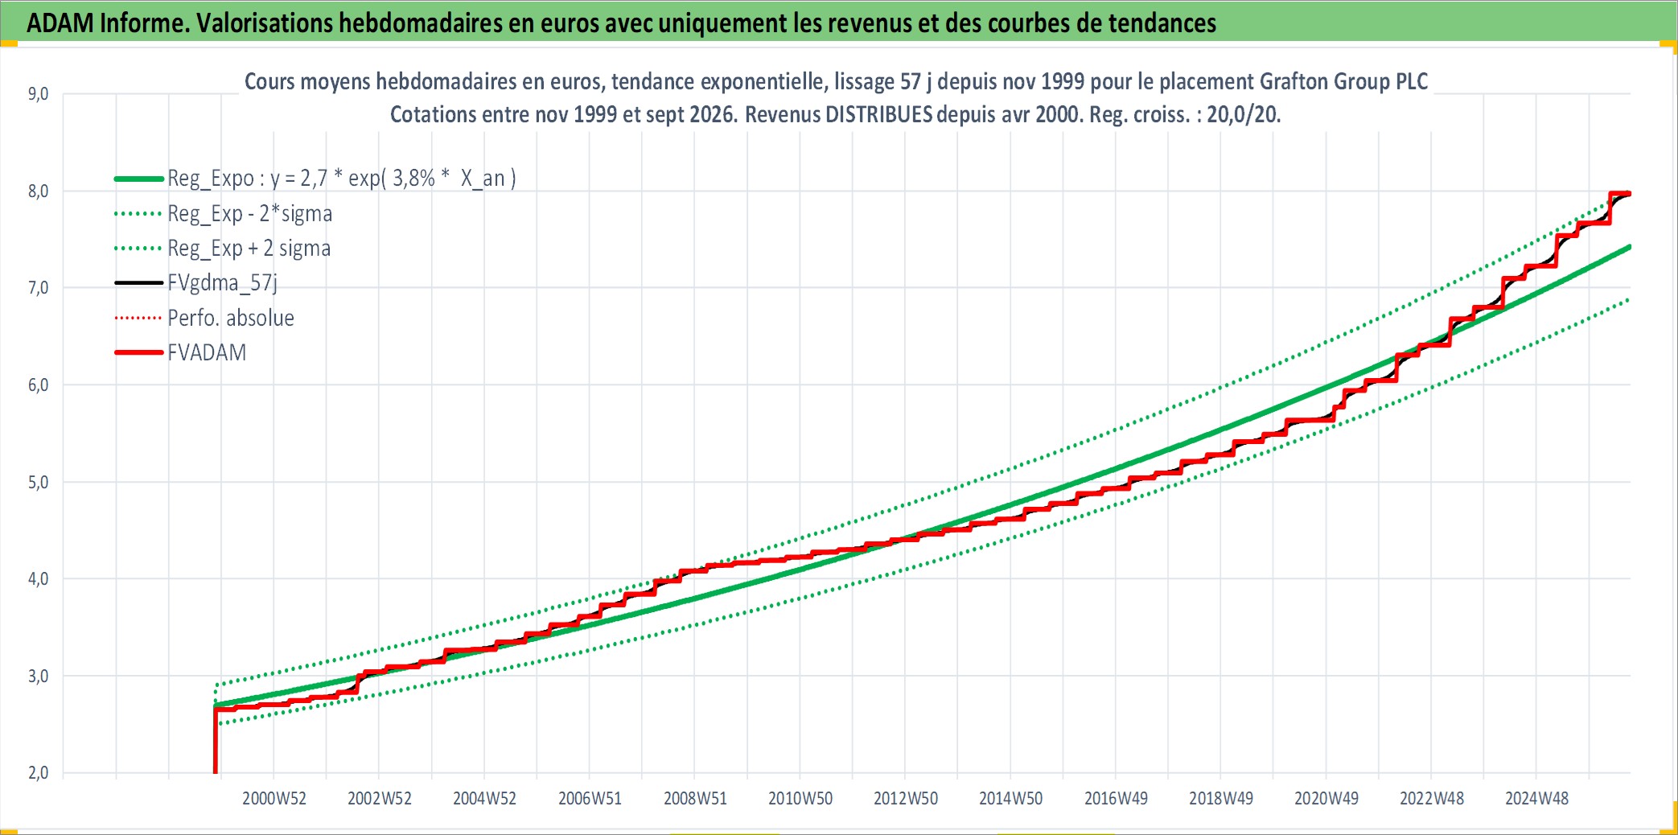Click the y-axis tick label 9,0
click(x=38, y=94)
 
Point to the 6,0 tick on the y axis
click(x=38, y=385)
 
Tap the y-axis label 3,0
click(x=38, y=677)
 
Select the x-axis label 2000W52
click(x=274, y=799)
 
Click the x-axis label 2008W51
click(x=695, y=799)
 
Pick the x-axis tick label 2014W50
click(x=1010, y=799)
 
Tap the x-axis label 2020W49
click(x=1326, y=799)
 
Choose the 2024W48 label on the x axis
click(x=1536, y=799)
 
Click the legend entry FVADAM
click(x=207, y=353)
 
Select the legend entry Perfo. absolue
click(x=231, y=319)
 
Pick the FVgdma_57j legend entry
click(x=222, y=283)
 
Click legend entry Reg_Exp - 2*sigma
click(x=249, y=214)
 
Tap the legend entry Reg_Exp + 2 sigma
click(x=249, y=249)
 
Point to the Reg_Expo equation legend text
click(x=342, y=179)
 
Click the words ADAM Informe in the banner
click(x=108, y=23)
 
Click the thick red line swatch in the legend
click(x=139, y=353)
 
